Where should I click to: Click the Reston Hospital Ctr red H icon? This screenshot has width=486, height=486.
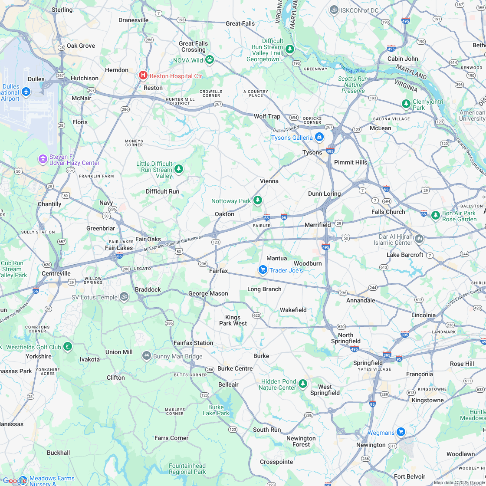143,76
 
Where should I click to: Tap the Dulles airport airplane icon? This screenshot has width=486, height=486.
26,92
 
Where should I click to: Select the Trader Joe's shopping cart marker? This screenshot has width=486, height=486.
263,270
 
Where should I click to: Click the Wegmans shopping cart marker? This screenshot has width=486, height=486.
401,432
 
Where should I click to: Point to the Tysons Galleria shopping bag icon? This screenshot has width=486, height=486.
319,137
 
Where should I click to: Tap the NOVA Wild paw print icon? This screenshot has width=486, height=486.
210,59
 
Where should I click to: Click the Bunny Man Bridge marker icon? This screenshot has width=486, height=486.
147,356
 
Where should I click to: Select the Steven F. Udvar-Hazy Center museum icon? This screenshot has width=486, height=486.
43,159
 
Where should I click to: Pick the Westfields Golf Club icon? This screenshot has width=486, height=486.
67,346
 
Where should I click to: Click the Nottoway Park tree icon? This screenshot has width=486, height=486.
258,200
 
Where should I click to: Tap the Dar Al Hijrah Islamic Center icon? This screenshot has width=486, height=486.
419,239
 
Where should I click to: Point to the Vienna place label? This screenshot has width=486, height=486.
269,181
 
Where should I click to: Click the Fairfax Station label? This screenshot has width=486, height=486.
193,343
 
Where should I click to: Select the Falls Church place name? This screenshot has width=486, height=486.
388,212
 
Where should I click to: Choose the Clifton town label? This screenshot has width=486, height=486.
115,378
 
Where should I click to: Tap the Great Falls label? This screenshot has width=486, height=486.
240,23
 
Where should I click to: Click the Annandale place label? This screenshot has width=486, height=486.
361,300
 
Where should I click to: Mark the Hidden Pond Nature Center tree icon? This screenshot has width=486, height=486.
303,384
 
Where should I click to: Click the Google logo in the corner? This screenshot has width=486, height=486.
14,480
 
